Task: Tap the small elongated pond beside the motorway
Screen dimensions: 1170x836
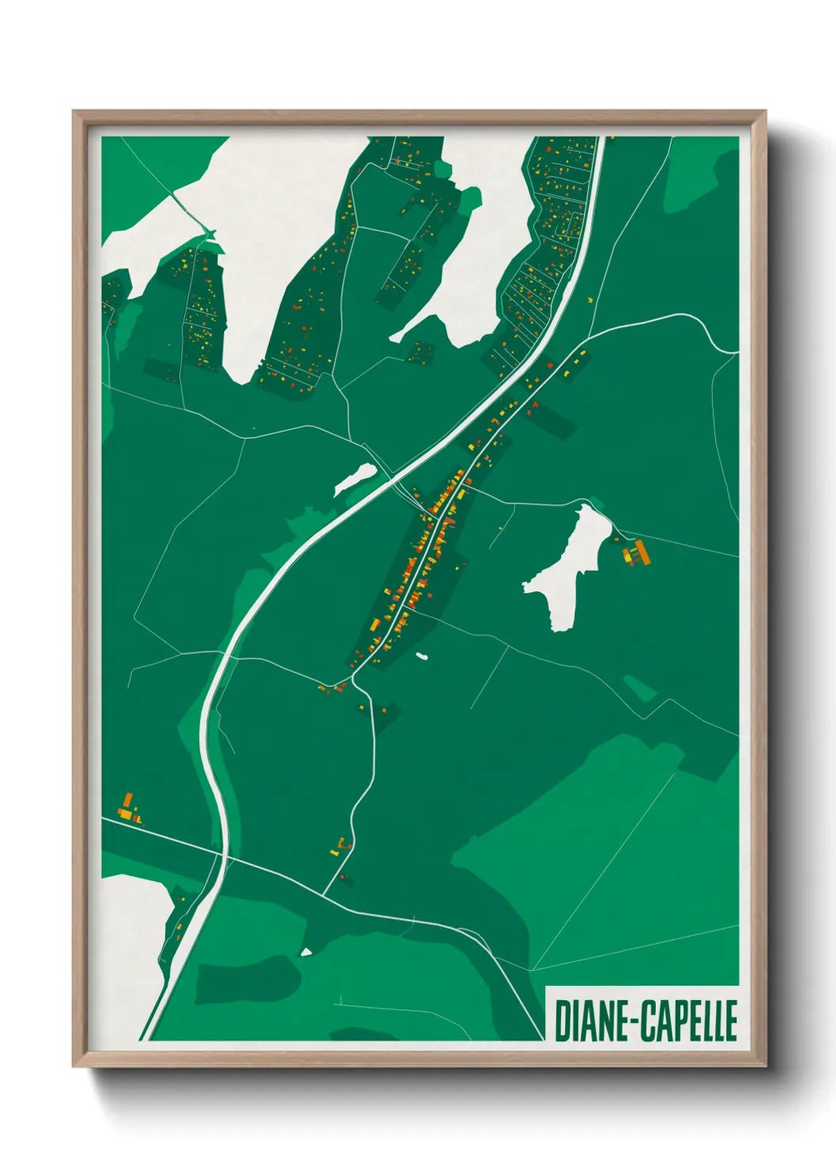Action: point(355,479)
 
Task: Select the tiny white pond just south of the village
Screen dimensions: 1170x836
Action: point(422,655)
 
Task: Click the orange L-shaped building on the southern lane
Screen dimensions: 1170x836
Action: point(341,847)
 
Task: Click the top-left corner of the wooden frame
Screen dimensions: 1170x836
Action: point(75,113)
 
